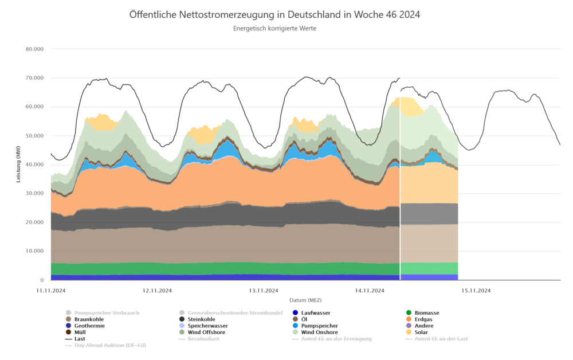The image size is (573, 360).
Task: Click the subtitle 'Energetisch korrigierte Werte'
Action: (x=274, y=28)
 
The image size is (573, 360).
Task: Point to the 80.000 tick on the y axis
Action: (x=35, y=49)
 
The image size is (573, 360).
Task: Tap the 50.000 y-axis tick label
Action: (x=35, y=136)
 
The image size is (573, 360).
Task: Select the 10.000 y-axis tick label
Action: (x=35, y=251)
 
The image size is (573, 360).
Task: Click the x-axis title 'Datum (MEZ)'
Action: (x=305, y=300)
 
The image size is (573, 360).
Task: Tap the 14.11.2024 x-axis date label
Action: (x=370, y=291)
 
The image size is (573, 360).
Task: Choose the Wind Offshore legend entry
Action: (x=206, y=332)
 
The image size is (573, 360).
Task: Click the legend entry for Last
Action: (x=80, y=339)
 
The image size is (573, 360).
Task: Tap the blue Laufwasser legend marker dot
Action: (x=295, y=313)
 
